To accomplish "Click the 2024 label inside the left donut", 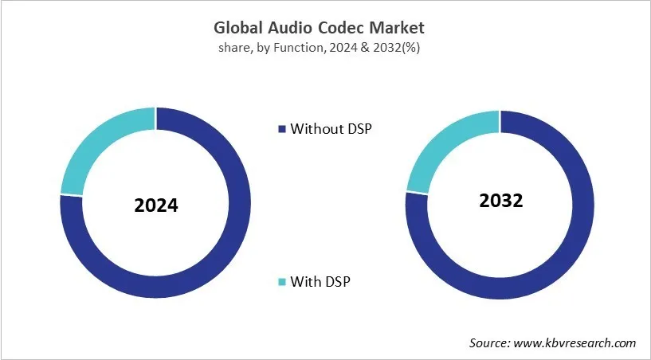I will [156, 205].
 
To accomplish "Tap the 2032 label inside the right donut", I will [500, 200].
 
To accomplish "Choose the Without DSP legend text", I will [331, 128].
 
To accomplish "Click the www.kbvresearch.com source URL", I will [574, 342].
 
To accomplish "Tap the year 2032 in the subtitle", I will [387, 47].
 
